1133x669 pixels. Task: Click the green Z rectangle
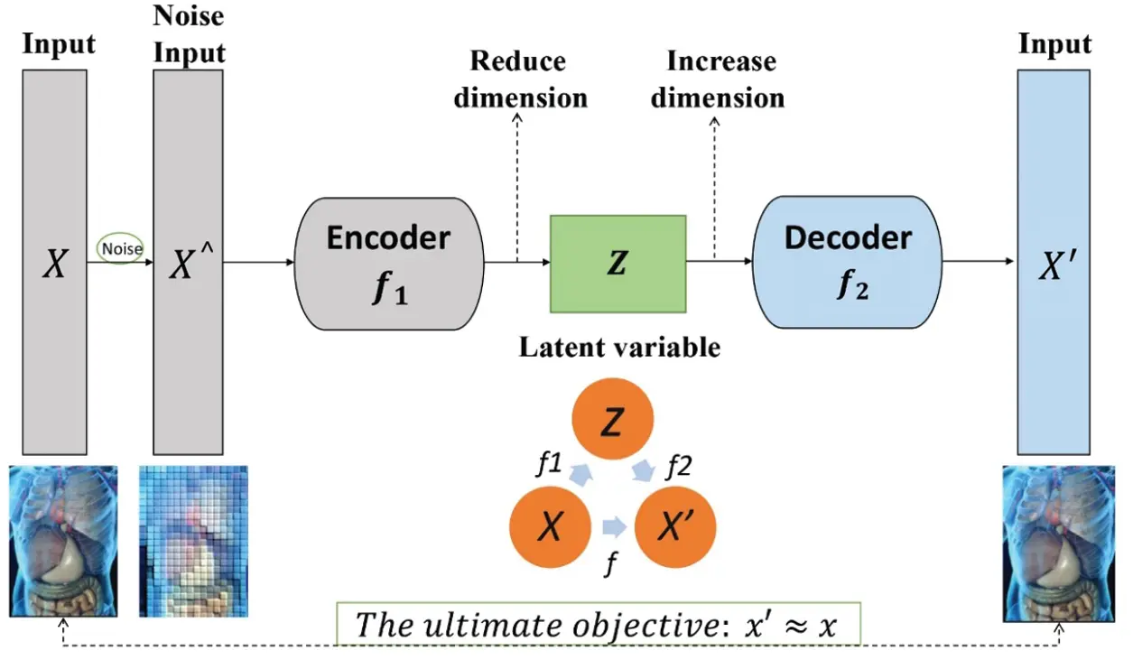pyautogui.click(x=618, y=263)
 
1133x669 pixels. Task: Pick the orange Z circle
pyautogui.click(x=611, y=423)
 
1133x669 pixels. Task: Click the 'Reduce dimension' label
pyautogui.click(x=519, y=79)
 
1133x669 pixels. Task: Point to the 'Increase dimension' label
pyautogui.click(x=719, y=79)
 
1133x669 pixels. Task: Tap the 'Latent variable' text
pyautogui.click(x=619, y=348)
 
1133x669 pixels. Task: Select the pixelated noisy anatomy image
pyautogui.click(x=193, y=541)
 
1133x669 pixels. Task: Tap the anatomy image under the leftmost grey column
pyautogui.click(x=63, y=541)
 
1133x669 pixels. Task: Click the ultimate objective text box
pyautogui.click(x=598, y=625)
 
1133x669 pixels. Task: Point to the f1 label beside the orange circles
pyautogui.click(x=549, y=464)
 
